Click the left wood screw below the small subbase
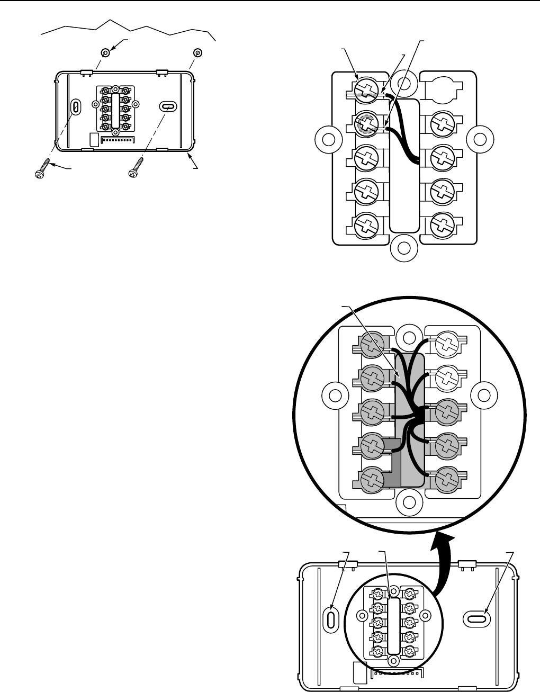point(41,168)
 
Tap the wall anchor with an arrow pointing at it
point(105,52)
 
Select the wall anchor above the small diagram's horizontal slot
point(197,52)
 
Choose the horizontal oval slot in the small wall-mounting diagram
point(167,106)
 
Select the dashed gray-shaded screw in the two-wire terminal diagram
point(365,126)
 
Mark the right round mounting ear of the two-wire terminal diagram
point(479,139)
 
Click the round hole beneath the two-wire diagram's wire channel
point(403,247)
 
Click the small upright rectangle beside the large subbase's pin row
point(359,672)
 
